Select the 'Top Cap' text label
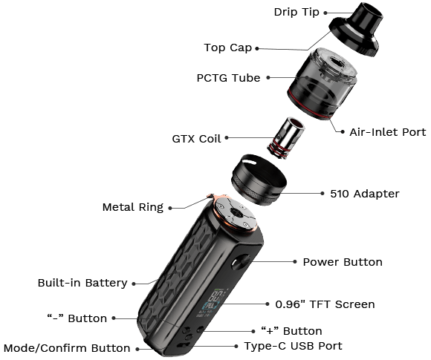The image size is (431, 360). pyautogui.click(x=228, y=48)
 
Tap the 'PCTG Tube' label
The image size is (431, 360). pyautogui.click(x=228, y=77)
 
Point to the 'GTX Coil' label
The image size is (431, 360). pyautogui.click(x=196, y=138)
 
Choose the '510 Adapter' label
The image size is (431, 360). pyautogui.click(x=364, y=194)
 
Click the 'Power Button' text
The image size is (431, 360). pyautogui.click(x=342, y=262)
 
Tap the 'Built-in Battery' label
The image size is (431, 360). pyautogui.click(x=82, y=283)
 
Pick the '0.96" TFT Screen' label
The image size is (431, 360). pyautogui.click(x=325, y=304)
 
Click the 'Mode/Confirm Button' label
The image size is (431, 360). pyautogui.click(x=67, y=348)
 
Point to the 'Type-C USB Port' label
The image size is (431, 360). pyautogui.click(x=293, y=346)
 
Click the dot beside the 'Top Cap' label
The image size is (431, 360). pyautogui.click(x=258, y=49)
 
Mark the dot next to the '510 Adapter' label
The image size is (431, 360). pyautogui.click(x=323, y=194)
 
